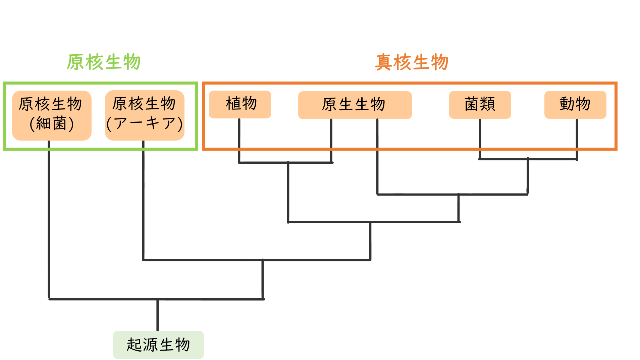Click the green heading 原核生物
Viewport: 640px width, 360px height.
[x=104, y=62]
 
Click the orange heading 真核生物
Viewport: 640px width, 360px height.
[x=412, y=62]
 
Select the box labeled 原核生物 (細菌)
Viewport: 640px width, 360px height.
[x=52, y=115]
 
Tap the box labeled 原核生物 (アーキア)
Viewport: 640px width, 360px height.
[x=145, y=115]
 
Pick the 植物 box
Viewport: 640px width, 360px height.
[x=240, y=104]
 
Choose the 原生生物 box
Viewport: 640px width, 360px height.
[x=355, y=105]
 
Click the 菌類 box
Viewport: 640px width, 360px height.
[x=480, y=104]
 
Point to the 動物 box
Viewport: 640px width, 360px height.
[x=575, y=104]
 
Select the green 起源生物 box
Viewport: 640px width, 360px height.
[x=158, y=345]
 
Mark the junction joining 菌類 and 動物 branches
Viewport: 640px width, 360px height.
[x=528, y=159]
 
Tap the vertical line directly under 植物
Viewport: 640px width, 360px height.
[x=239, y=141]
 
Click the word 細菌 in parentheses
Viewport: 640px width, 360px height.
[x=52, y=124]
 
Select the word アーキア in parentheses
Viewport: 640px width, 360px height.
[x=145, y=123]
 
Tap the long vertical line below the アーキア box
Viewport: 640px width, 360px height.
[x=143, y=201]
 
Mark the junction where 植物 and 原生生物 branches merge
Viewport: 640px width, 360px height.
[x=288, y=163]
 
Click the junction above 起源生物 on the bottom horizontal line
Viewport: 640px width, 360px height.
[x=157, y=299]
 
